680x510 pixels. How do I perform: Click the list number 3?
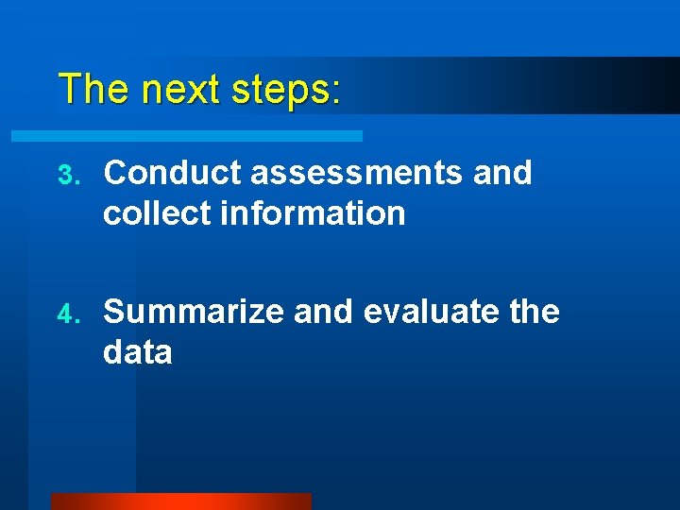point(64,175)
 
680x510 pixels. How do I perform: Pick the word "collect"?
point(157,213)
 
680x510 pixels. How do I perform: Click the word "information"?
point(313,213)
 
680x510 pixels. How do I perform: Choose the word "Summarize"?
point(194,311)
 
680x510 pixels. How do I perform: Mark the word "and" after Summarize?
point(324,311)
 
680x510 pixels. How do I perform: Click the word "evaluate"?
point(431,311)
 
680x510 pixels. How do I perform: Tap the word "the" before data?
point(535,311)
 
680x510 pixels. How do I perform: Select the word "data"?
point(138,352)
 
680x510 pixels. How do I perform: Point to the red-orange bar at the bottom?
point(180,501)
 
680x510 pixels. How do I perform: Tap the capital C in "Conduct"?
point(115,173)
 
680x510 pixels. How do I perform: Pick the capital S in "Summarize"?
point(114,311)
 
